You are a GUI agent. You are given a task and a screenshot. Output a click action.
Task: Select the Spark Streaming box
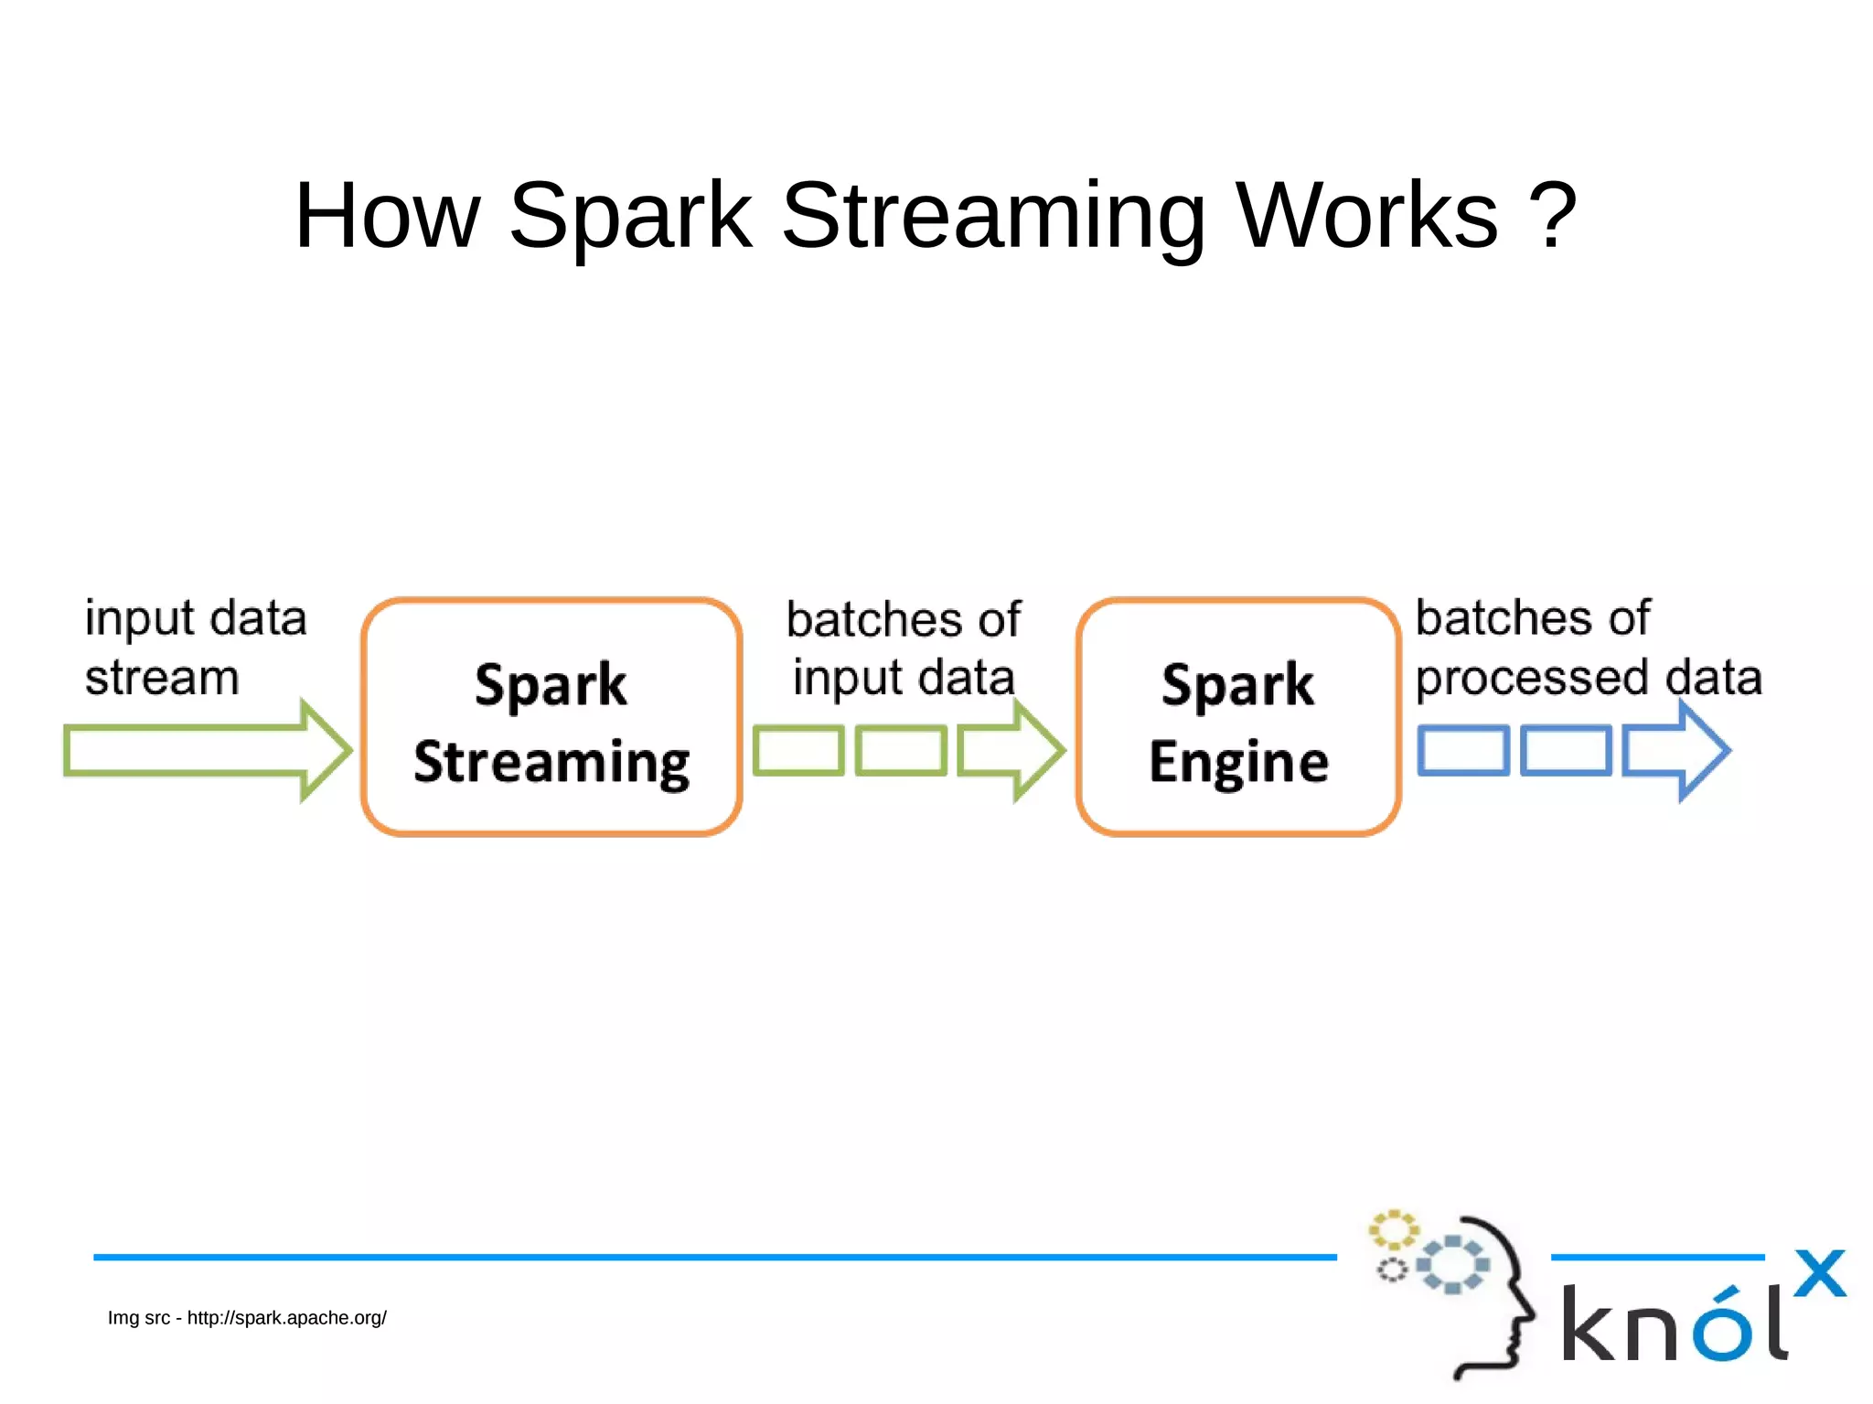coord(551,717)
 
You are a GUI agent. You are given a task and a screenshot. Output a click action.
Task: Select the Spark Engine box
coord(1238,717)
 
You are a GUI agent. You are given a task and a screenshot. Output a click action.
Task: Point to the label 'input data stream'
coord(195,648)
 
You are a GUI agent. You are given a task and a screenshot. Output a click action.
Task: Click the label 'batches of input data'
coord(904,648)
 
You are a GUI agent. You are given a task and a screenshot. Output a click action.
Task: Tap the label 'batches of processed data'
coord(1588,648)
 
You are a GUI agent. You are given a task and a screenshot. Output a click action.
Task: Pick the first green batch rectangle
coord(798,751)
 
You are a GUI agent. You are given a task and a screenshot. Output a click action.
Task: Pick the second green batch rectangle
coord(901,751)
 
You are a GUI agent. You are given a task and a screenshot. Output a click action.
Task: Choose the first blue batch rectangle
coord(1463,751)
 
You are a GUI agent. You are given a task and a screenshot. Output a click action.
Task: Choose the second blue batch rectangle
coord(1566,751)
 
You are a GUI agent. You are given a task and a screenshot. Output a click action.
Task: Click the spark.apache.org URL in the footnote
coord(287,1318)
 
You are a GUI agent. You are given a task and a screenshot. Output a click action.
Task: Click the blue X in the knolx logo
coord(1820,1273)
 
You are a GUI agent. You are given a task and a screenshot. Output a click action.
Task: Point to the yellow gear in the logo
coord(1393,1230)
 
